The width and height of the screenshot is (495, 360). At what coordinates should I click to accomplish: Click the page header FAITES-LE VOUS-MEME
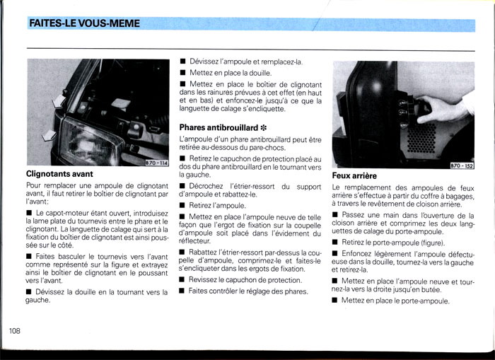84,24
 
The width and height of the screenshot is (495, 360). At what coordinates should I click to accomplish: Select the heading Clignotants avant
59,173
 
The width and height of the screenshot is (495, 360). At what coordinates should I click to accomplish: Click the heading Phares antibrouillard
219,127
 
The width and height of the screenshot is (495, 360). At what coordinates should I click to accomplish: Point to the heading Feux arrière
354,175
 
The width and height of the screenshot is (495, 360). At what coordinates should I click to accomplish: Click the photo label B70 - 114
156,163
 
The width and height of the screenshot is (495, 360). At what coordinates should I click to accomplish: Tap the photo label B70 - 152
462,165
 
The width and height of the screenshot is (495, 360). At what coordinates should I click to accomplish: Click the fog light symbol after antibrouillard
263,127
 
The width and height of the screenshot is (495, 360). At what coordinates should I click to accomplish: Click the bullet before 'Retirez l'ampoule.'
182,206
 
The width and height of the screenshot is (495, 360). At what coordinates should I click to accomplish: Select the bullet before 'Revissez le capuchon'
182,280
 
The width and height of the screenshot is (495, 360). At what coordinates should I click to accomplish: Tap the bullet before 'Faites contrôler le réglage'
182,291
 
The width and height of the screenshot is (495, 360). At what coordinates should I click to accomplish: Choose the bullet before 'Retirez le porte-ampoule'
336,242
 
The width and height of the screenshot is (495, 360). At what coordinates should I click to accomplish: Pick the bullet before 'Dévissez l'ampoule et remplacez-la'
182,62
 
